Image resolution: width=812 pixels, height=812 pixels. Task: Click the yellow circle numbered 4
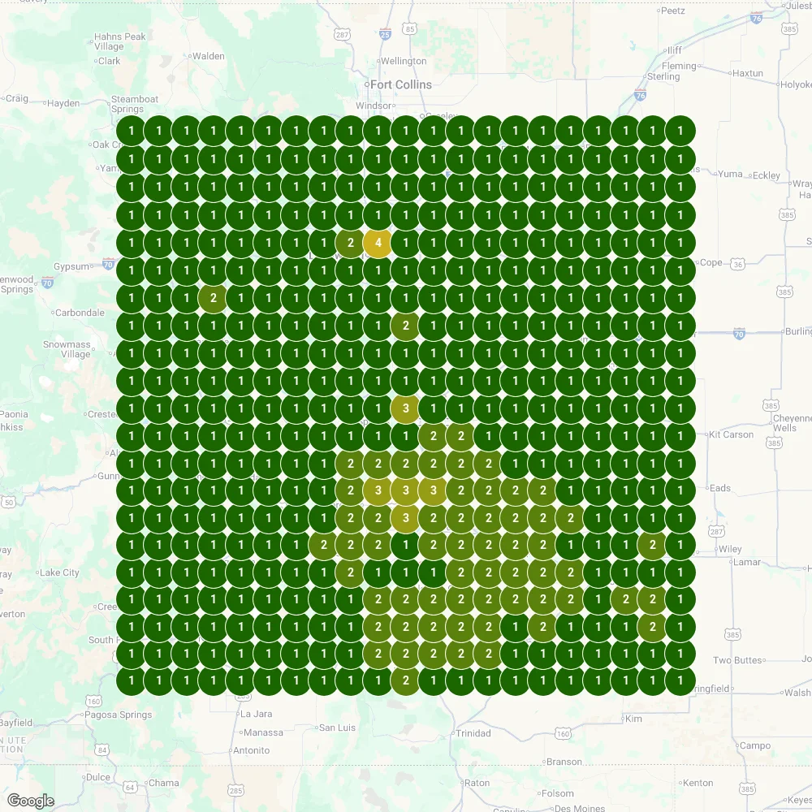[x=378, y=243]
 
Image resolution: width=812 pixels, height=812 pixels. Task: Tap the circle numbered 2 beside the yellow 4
[x=350, y=243]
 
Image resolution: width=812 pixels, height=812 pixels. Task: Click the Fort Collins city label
[x=400, y=84]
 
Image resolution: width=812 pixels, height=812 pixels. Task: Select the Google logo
[x=32, y=801]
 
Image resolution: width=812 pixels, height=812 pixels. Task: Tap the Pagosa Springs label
[x=119, y=715]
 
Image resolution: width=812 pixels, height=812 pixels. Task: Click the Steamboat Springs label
[x=127, y=104]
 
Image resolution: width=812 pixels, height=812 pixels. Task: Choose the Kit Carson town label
[x=731, y=434]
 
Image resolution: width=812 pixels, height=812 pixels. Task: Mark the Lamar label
[x=747, y=562]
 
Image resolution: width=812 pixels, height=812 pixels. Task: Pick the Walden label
[x=209, y=56]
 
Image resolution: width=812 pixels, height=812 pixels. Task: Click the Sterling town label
[x=663, y=76]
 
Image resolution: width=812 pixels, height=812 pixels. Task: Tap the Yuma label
[x=730, y=174]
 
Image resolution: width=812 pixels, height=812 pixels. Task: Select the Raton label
[x=477, y=783]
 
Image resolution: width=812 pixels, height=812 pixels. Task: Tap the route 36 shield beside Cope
[x=737, y=264]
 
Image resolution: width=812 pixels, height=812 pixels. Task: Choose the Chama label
[x=163, y=783]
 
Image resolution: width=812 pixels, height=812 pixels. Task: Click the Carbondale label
[x=79, y=312]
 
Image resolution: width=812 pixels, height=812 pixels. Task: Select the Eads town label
[x=719, y=488]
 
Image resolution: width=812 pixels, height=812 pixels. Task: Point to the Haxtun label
[x=747, y=73]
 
